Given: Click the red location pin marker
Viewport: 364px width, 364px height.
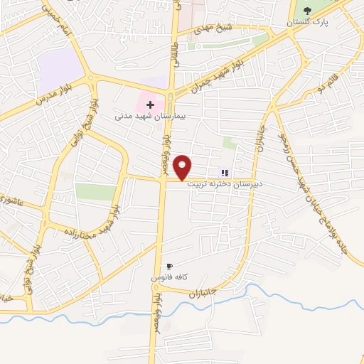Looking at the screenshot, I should (x=183, y=166).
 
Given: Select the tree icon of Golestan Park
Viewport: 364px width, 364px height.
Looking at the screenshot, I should (x=307, y=11).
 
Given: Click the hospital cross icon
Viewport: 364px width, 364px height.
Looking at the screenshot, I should (x=150, y=105).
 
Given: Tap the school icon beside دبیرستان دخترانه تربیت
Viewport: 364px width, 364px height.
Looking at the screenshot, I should (x=225, y=172).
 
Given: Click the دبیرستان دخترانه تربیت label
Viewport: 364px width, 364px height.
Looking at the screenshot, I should (x=225, y=183).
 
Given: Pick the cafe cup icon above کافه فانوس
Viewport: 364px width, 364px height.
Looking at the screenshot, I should (x=169, y=266).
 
